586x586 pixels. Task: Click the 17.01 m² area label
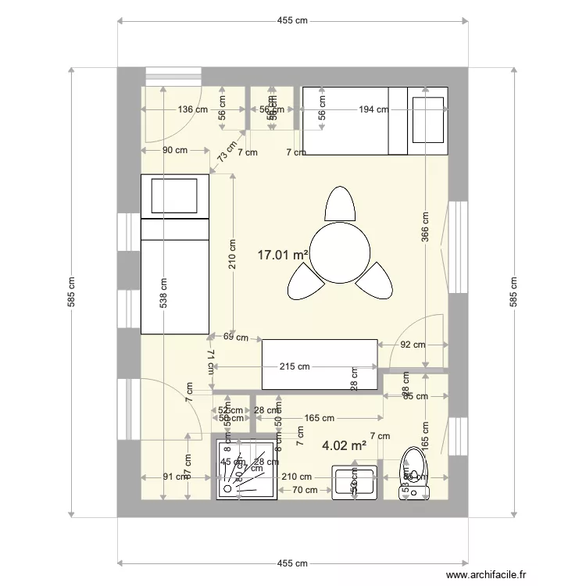click(284, 254)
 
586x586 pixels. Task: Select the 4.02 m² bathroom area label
click(345, 446)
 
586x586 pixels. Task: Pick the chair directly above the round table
click(341, 205)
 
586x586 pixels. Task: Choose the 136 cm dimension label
click(192, 109)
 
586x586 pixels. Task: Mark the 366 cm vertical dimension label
click(425, 228)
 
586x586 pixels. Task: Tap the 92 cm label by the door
click(413, 345)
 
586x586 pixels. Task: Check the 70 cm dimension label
click(304, 490)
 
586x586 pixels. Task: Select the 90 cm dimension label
click(174, 150)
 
